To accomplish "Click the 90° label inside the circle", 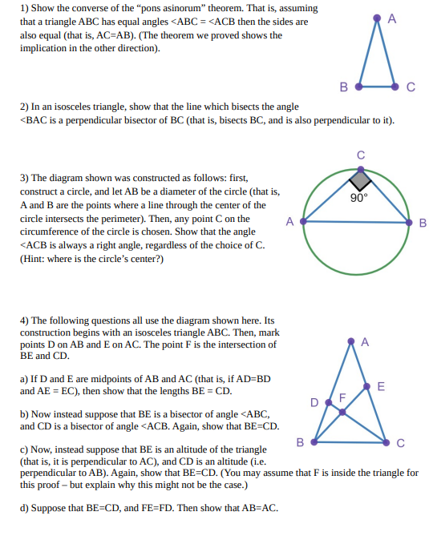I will click(x=359, y=197).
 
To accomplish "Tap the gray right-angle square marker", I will click(x=360, y=179).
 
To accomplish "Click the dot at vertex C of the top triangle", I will click(x=395, y=83).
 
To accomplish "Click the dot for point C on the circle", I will click(x=360, y=167).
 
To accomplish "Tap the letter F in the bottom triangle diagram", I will click(x=342, y=397).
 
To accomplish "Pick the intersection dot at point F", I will click(x=342, y=412).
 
